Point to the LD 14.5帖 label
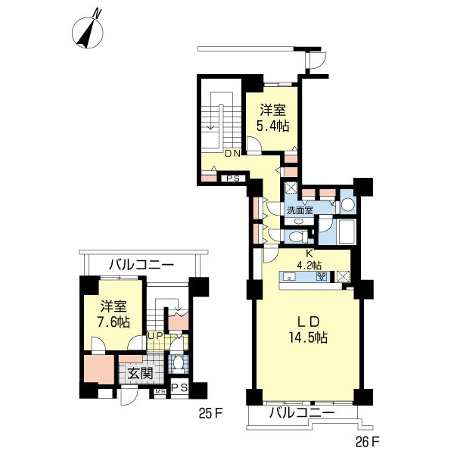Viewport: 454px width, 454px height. click(310, 331)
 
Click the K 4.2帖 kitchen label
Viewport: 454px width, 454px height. click(309, 259)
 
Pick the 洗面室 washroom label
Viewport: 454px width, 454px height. click(299, 210)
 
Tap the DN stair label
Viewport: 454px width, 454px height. click(232, 154)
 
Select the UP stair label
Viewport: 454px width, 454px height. click(155, 335)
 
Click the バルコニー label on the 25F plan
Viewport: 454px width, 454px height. click(141, 265)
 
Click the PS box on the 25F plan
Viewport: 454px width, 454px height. click(179, 388)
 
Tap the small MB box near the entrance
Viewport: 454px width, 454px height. click(160, 392)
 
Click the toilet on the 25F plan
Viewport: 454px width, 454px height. click(177, 364)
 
